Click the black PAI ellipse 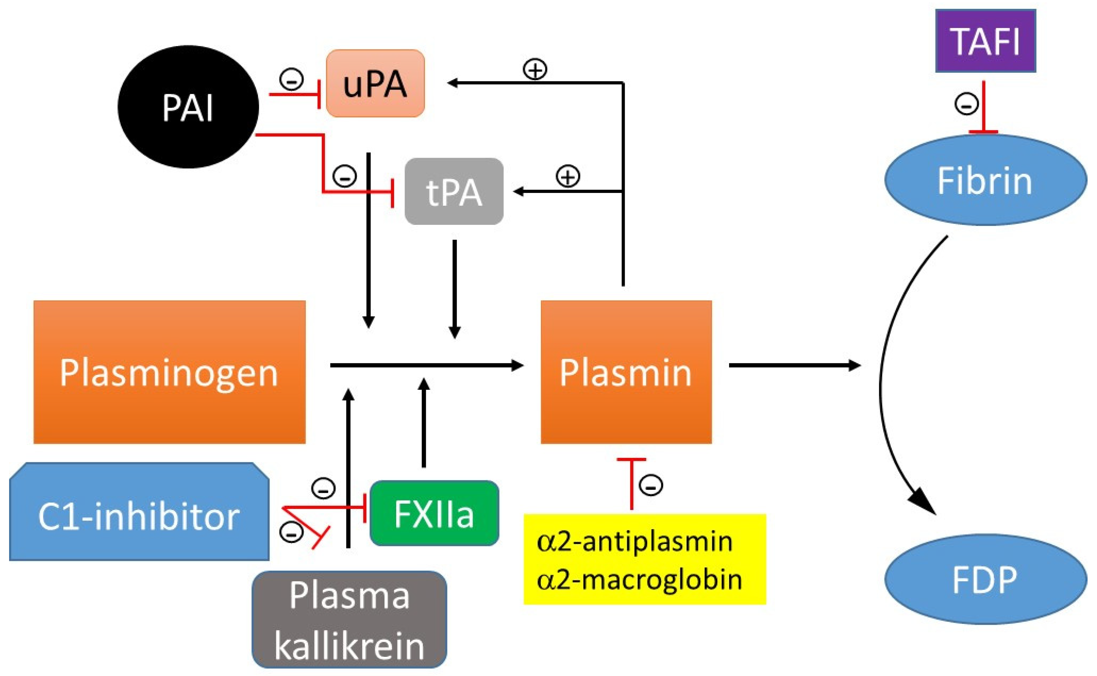[188, 107]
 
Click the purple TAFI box [986, 41]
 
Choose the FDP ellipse [985, 579]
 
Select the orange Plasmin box [626, 372]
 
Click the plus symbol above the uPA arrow [535, 69]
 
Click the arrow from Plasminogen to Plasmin [425, 365]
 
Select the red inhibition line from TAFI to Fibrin [984, 107]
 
